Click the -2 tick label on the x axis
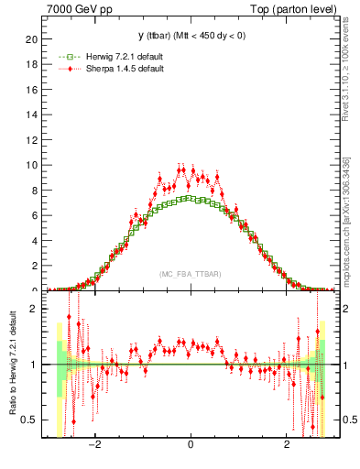pos(93,446)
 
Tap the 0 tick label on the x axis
pos(190,446)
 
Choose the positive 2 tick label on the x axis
pos(286,446)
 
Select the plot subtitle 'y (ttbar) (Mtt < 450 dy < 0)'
pos(190,37)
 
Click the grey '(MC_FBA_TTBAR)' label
pos(190,274)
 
